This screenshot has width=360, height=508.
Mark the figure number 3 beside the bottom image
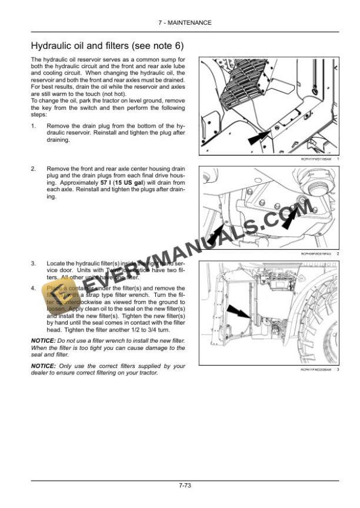pos(339,370)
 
